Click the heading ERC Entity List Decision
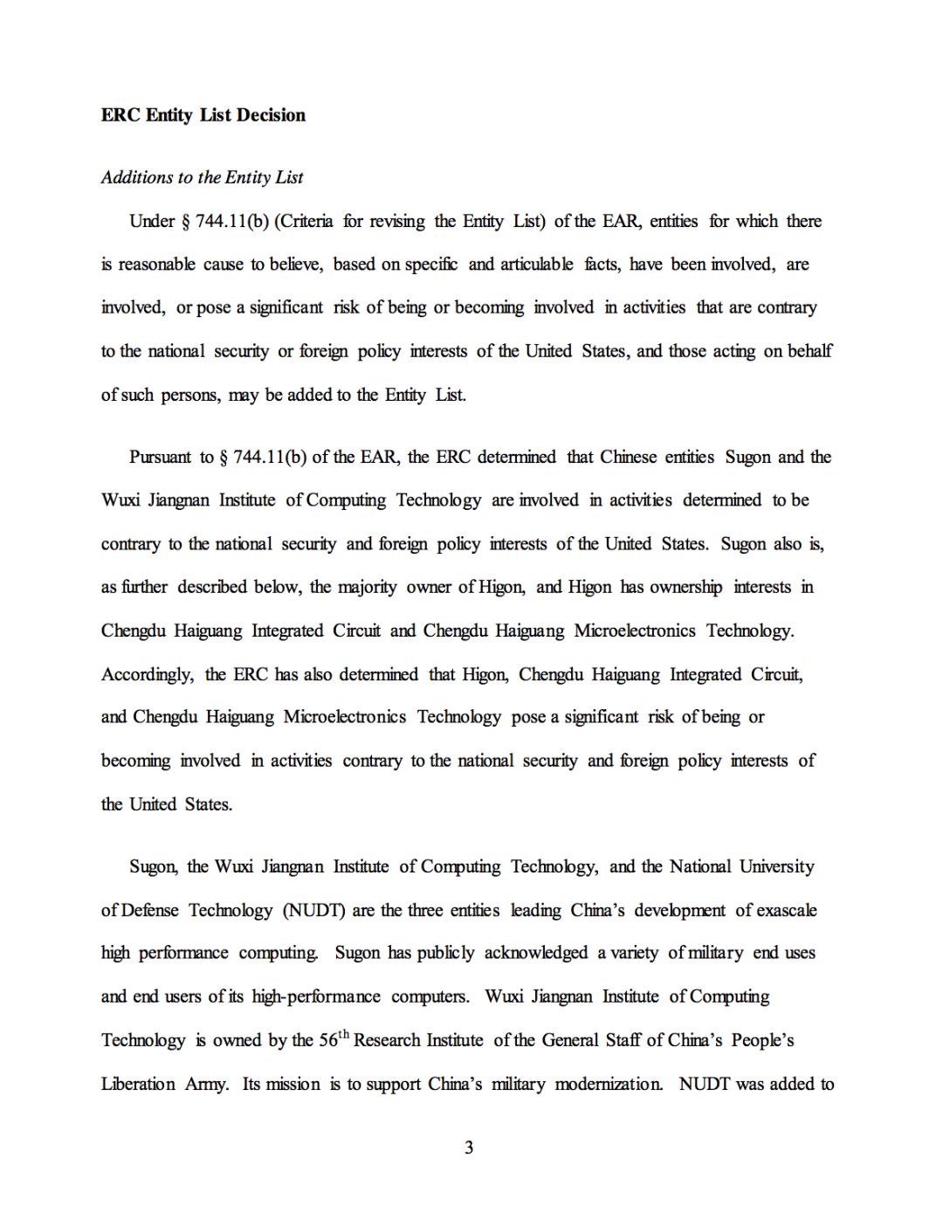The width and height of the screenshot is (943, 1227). [203, 115]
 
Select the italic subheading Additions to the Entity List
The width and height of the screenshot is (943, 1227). [202, 177]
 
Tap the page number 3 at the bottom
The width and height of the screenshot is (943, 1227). [469, 1148]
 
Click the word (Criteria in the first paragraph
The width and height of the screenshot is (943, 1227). [304, 221]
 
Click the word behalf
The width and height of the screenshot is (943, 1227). [809, 351]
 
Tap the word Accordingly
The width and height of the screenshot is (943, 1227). [148, 674]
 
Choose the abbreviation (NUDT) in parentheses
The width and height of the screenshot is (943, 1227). [313, 910]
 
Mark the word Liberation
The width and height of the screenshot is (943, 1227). [138, 1084]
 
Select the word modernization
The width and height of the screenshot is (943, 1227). [609, 1084]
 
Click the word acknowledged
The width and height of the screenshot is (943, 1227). [536, 953]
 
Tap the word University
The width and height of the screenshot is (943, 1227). [776, 866]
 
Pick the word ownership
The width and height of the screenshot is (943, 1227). [685, 587]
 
